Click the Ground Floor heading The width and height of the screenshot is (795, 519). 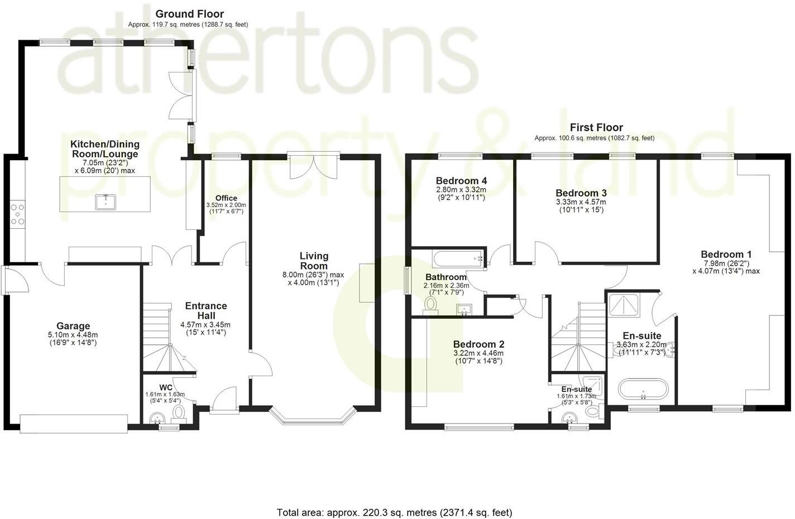point(189,14)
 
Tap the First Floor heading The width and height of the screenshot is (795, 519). point(596,127)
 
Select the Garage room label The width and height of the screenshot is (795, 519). point(73,326)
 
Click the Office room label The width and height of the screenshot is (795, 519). point(226,198)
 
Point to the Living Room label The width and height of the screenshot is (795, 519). point(314,261)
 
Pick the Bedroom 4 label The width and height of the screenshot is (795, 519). point(461,181)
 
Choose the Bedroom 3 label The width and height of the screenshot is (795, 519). point(581,193)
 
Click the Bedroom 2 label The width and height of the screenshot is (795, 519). point(478,344)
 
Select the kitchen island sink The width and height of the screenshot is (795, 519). point(105,201)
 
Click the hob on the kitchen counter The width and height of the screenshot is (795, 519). point(17,214)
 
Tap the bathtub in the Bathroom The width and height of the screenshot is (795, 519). point(457,258)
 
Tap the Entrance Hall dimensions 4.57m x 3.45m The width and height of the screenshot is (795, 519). point(205,325)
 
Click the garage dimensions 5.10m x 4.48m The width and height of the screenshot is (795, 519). point(73,335)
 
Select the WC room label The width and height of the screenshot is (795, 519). point(166,387)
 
